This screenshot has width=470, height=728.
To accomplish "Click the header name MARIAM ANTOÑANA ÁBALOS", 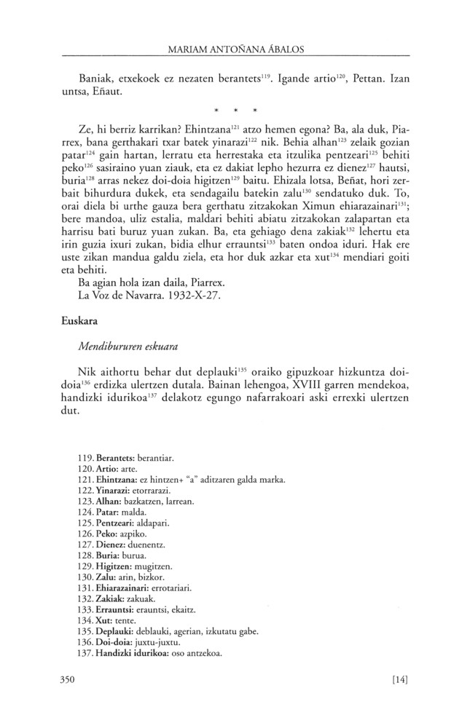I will click(235, 49).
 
